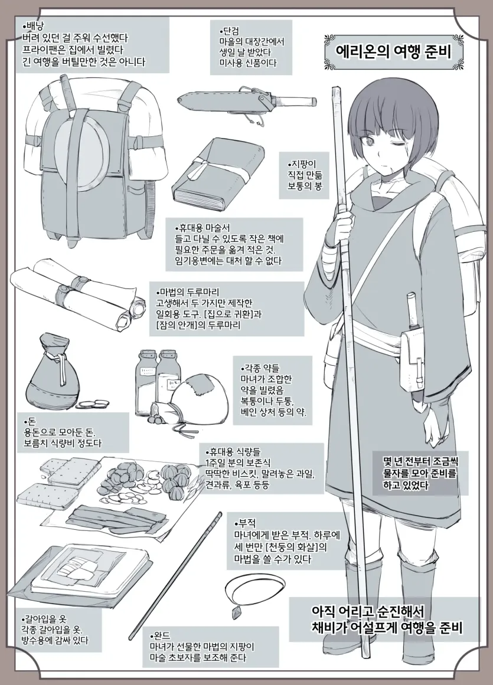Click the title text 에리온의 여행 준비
pyautogui.click(x=393, y=52)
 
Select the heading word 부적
pyautogui.click(x=245, y=523)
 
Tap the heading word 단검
pyautogui.click(x=229, y=31)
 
